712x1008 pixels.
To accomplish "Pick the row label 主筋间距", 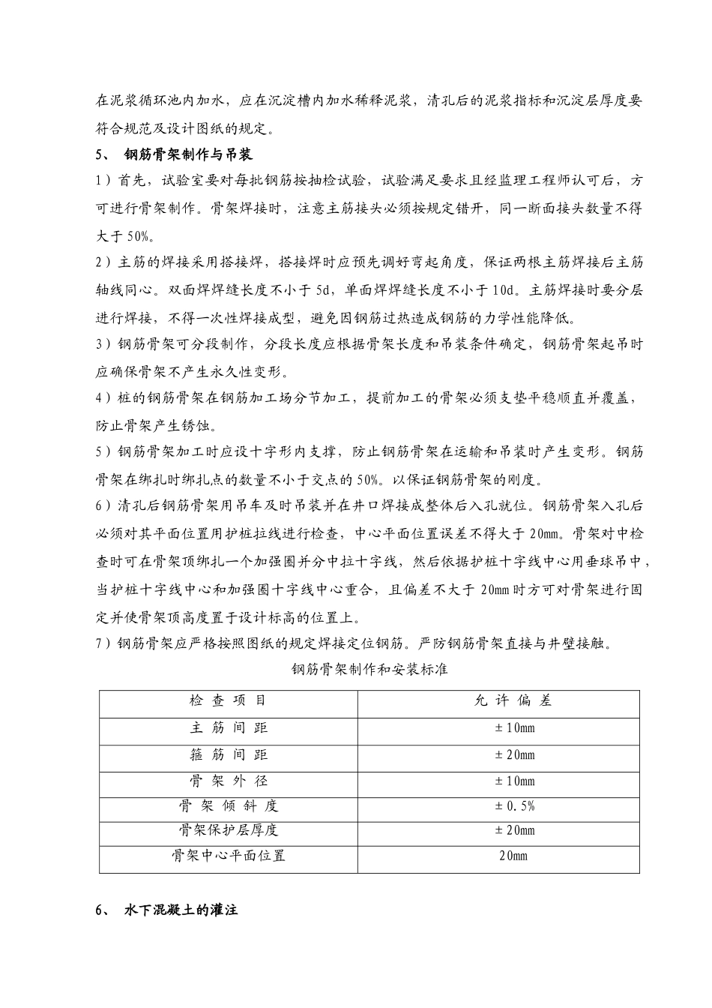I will tap(229, 727).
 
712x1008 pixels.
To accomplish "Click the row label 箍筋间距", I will tap(229, 754).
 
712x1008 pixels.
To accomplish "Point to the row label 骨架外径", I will tap(229, 781).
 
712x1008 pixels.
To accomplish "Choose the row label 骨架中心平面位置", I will tap(229, 856).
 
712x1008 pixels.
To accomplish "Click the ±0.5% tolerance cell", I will tap(514, 806).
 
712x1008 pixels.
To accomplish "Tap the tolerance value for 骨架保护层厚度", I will tap(514, 830).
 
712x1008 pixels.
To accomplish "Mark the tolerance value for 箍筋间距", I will tap(514, 754).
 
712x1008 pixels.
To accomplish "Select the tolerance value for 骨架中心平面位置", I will tap(513, 856).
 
